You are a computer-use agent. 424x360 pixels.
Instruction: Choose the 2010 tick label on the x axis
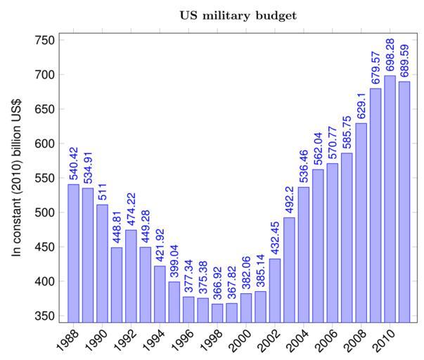point(383,341)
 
